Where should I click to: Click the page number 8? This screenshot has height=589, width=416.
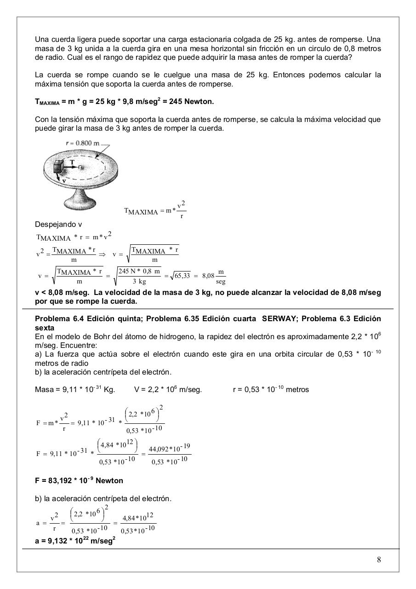pyautogui.click(x=379, y=560)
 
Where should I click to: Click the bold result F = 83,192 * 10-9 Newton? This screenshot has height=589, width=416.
pyautogui.click(x=79, y=480)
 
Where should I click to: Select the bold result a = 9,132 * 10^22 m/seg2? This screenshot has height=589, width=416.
pyautogui.click(x=75, y=541)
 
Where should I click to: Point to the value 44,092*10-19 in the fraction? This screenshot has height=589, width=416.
pyautogui.click(x=170, y=448)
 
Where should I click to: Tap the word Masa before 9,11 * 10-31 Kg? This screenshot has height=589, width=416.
pyautogui.click(x=45, y=389)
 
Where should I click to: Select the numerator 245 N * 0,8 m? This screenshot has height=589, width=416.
pyautogui.click(x=139, y=271)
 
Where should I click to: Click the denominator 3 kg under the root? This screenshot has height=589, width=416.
pyautogui.click(x=139, y=281)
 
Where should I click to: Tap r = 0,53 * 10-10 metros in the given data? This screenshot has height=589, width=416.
pyautogui.click(x=271, y=389)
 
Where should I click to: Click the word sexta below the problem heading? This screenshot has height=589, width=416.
pyautogui.click(x=45, y=328)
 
